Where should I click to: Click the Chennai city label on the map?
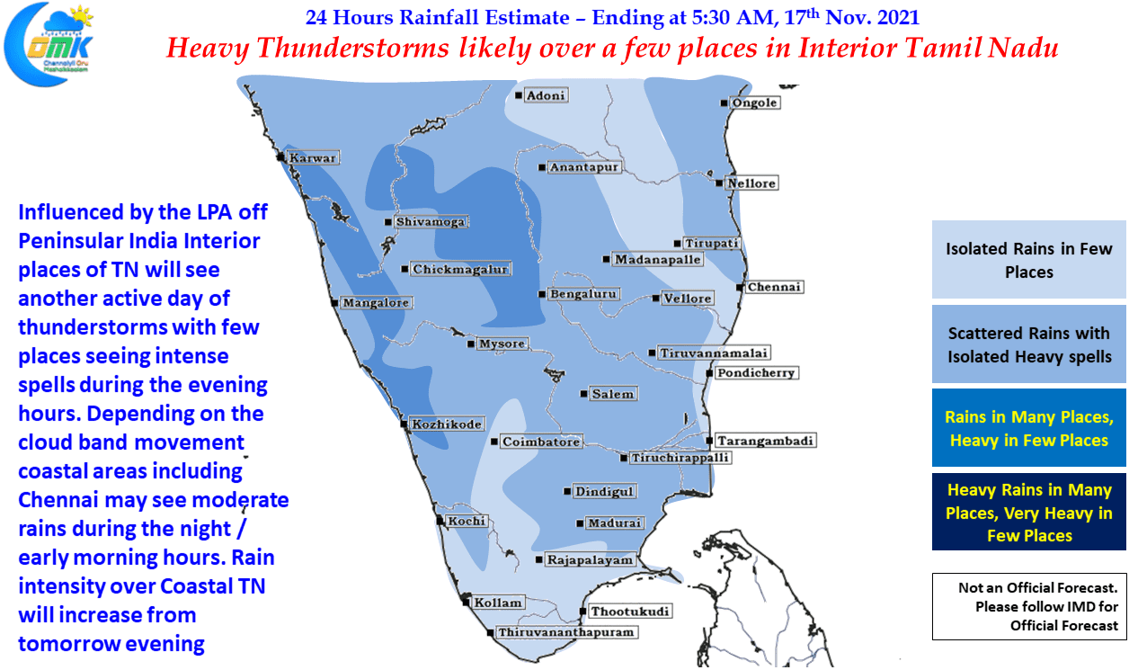pyautogui.click(x=774, y=287)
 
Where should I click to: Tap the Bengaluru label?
pyautogui.click(x=583, y=294)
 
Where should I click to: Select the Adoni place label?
pyautogui.click(x=546, y=95)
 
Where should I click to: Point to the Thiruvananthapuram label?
pyautogui.click(x=566, y=632)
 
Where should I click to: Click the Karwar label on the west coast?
pyautogui.click(x=313, y=158)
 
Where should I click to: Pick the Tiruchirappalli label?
pyautogui.click(x=680, y=458)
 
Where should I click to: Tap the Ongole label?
pyautogui.click(x=754, y=103)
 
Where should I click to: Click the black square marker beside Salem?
pyautogui.click(x=583, y=394)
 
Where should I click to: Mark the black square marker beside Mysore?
pyautogui.click(x=471, y=344)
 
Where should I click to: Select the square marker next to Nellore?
pyautogui.click(x=719, y=183)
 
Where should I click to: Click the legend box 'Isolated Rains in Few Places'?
pyautogui.click(x=1028, y=259)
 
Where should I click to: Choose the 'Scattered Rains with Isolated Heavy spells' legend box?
pyautogui.click(x=1028, y=344)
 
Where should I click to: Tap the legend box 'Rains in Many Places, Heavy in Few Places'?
pyautogui.click(x=1028, y=427)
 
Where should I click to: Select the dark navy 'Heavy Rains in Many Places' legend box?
pyautogui.click(x=1028, y=512)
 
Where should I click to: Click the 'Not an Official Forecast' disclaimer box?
pyautogui.click(x=1029, y=606)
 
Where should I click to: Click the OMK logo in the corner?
pyautogui.click(x=49, y=45)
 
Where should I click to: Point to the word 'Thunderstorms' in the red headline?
pyautogui.click(x=352, y=49)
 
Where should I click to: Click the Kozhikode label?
pyautogui.click(x=446, y=424)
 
